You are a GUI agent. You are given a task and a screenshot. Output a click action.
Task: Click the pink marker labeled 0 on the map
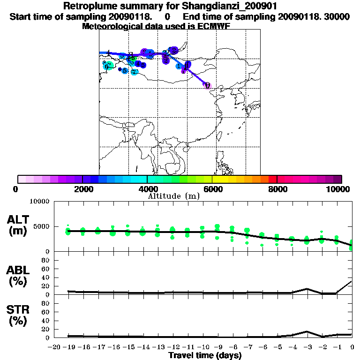(x=207, y=85)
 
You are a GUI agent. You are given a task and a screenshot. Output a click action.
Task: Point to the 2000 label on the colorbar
(x=83, y=189)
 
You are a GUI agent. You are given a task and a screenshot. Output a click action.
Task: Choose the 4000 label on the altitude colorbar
(x=148, y=189)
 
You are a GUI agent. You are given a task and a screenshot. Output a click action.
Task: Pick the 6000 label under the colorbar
(x=212, y=189)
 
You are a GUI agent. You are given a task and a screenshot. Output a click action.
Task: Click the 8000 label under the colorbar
(x=277, y=189)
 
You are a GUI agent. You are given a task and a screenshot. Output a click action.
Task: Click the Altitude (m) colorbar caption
(x=174, y=196)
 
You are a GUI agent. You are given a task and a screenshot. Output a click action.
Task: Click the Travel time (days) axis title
(x=205, y=355)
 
